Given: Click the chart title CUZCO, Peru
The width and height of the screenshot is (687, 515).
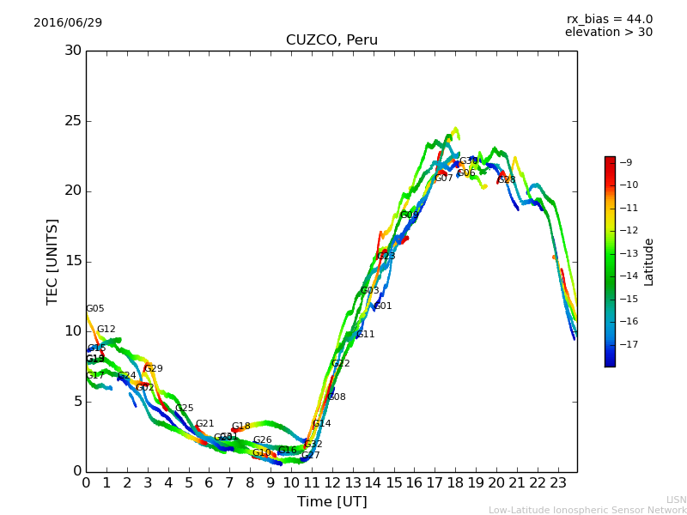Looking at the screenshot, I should click(331, 40).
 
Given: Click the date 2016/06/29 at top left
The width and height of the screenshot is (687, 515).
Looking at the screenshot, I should click(68, 23).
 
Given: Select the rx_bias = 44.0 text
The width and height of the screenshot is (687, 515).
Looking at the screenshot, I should click(609, 20).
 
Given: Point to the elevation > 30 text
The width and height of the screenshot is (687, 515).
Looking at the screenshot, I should click(608, 33).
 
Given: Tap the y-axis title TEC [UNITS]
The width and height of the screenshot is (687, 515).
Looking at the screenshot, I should click(53, 261).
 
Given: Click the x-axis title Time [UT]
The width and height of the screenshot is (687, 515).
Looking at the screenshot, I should click(331, 502).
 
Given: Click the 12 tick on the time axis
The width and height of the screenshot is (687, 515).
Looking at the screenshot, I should click(332, 483).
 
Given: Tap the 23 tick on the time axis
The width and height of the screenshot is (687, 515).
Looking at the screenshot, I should click(557, 483).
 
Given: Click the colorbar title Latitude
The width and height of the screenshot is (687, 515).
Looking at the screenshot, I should click(649, 261).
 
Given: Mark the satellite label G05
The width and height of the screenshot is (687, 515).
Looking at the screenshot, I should click(94, 309).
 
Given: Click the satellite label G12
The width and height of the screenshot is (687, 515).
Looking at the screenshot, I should click(106, 330).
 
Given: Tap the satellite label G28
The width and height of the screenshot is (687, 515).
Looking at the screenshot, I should click(507, 180).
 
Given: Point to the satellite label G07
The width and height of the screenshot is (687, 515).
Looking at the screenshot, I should click(443, 179).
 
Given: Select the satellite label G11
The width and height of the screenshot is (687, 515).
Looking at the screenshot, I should click(366, 335).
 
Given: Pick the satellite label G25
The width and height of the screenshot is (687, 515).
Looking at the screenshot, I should click(184, 409).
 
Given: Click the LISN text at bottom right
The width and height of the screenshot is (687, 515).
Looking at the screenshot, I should click(676, 500).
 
